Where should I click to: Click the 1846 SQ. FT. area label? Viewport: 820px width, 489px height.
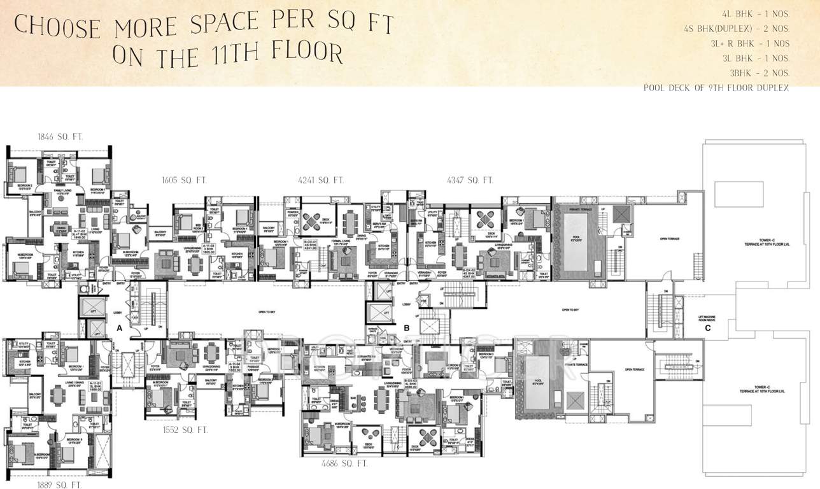point(60,137)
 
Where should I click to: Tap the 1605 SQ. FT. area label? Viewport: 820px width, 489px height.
point(185,181)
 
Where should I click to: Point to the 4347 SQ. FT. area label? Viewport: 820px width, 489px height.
point(470,181)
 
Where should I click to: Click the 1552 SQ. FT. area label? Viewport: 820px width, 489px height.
point(185,430)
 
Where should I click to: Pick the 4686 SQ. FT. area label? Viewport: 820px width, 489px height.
point(344,464)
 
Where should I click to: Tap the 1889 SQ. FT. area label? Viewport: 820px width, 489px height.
point(59,485)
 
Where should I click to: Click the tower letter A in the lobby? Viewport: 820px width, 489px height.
point(118,328)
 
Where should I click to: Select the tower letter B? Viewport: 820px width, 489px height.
point(407,328)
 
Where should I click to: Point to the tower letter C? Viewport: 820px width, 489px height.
point(707,329)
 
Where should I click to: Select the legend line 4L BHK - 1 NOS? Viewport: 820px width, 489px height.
point(760,13)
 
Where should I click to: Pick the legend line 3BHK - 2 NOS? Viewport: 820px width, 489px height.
point(763,73)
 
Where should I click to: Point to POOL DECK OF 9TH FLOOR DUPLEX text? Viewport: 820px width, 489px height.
point(716,88)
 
